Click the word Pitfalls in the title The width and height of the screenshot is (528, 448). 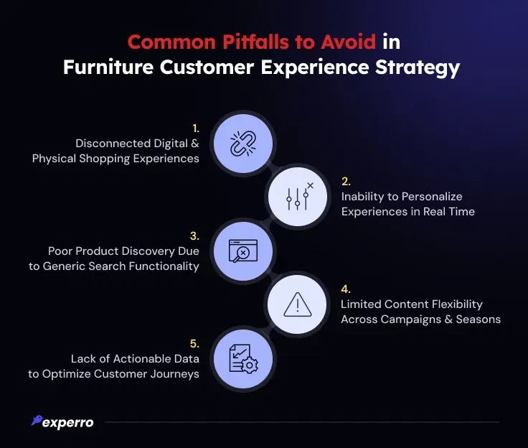(x=255, y=42)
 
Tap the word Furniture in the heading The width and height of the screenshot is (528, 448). (x=108, y=67)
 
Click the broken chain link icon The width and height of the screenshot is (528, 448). (x=243, y=144)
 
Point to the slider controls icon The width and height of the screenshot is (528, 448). (x=298, y=197)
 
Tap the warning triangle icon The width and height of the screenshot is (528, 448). (x=298, y=304)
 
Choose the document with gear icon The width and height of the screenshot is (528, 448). (x=244, y=359)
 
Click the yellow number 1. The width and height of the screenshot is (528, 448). (x=196, y=129)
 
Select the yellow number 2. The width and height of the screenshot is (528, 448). (x=346, y=182)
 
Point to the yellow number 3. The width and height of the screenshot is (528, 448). (x=194, y=236)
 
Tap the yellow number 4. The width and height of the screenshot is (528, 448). (x=346, y=289)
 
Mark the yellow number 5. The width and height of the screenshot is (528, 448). (x=194, y=343)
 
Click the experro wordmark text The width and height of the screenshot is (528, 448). (x=68, y=423)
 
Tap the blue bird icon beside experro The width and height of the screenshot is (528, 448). (x=37, y=420)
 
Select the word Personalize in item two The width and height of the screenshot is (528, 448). (x=432, y=197)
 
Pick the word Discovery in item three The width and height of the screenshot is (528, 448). (x=146, y=251)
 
